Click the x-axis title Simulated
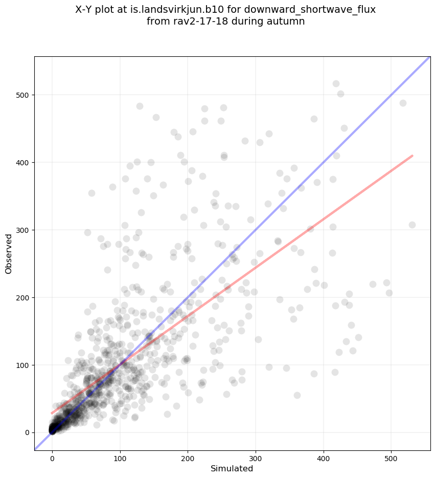[x=232, y=468]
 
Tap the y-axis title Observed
[x=9, y=254]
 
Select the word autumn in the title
[x=286, y=21]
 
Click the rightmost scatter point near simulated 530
[x=412, y=225]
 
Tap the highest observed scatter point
[x=336, y=83]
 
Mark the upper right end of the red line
[x=412, y=156]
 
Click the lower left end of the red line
[x=52, y=413]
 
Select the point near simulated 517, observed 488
[x=403, y=103]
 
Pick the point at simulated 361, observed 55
[x=297, y=395]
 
